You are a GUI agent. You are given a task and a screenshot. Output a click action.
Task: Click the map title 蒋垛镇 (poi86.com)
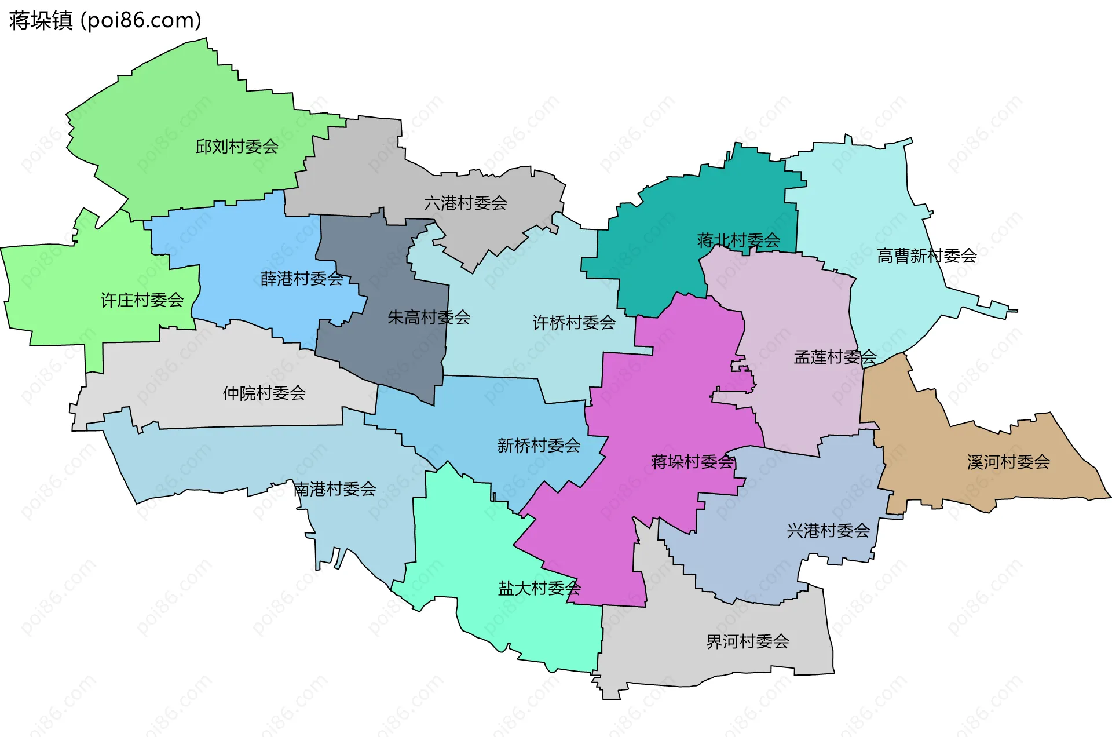pos(105,20)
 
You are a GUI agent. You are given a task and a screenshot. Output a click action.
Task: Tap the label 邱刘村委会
pos(236,147)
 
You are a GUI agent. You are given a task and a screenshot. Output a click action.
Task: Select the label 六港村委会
pos(466,203)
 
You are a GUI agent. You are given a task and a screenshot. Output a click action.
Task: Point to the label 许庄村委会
pos(142,300)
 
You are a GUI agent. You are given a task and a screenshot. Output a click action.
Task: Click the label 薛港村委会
pos(302,279)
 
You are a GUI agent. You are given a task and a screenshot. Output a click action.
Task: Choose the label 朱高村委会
pos(429,318)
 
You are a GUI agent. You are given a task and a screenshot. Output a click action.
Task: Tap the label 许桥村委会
pos(574,323)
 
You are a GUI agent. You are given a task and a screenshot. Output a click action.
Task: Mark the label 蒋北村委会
pos(738,240)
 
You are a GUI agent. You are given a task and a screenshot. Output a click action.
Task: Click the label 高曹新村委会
pos(927,256)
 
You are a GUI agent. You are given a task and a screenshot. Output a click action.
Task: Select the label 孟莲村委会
pos(835,357)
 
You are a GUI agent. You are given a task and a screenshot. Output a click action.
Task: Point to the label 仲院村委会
pos(264,393)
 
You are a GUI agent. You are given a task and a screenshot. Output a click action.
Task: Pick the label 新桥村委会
pos(539,446)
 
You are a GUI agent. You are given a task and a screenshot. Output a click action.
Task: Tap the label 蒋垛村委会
pos(693,462)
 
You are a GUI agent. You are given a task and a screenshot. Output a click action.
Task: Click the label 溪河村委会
pos(1008,462)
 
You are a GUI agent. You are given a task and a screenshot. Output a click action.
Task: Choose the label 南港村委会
pos(335,489)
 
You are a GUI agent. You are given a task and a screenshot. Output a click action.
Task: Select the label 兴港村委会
pos(828,531)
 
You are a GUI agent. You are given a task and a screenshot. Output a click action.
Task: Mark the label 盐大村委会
pos(539,589)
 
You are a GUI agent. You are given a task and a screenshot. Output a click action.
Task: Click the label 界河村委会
pos(747,641)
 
